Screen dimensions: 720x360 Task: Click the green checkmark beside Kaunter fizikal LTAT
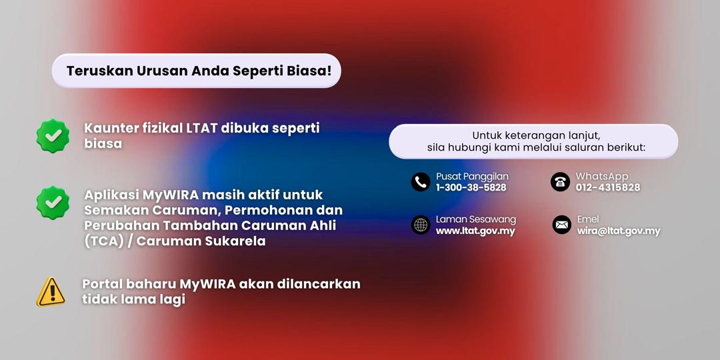[53, 135]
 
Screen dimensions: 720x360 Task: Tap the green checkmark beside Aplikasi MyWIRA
[53, 203]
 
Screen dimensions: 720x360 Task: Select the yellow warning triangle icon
[51, 292]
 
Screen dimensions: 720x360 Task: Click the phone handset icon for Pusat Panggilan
[421, 182]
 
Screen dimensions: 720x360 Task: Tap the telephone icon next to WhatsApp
[560, 182]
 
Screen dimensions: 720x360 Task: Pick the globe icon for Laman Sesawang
[421, 225]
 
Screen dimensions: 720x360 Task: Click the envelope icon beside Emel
[561, 225]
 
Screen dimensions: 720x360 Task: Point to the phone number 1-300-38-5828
[471, 187]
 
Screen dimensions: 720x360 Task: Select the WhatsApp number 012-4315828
[608, 187]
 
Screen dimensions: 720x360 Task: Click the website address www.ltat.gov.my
[475, 231]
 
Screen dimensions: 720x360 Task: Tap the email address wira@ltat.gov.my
[619, 231]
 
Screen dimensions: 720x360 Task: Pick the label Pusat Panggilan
[472, 176]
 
